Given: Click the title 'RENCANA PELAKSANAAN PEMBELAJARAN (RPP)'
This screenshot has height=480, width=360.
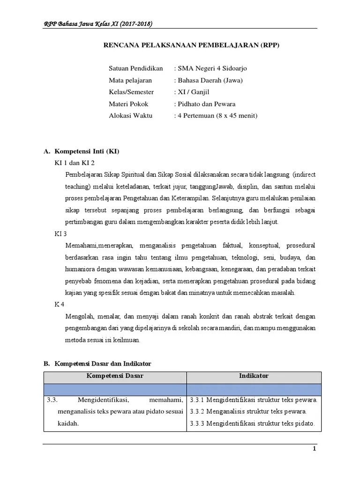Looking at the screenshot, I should tap(194, 45).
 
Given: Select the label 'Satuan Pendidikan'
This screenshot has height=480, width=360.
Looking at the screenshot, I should tap(135, 68).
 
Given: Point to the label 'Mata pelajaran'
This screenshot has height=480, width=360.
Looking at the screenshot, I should tap(130, 80).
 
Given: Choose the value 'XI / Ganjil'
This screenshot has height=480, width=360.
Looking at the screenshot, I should tap(194, 92).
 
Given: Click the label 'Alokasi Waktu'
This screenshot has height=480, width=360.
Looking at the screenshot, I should tap(131, 115).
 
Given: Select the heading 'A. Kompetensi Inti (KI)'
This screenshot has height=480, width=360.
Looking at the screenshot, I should tap(81, 151).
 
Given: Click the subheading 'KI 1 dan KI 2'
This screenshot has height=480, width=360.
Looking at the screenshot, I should tap(75, 163).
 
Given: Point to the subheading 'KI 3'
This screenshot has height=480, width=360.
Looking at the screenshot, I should tap(61, 233).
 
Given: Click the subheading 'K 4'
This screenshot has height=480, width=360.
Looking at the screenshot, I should tap(60, 304).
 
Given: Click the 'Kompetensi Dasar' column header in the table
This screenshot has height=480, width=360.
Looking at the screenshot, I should tap(115, 376).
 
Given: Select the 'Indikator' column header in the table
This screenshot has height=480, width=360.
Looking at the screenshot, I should tap(254, 376).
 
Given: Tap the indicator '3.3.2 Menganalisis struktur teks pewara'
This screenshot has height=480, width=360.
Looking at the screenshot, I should tap(248, 412).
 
